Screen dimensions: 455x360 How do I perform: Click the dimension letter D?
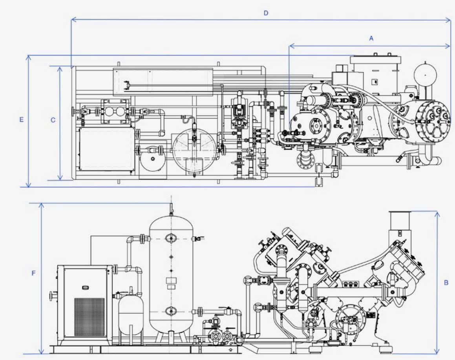[266, 13]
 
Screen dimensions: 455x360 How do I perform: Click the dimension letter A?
[371, 38]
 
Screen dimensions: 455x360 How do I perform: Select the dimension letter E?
[21, 119]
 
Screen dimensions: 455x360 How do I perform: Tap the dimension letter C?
[53, 120]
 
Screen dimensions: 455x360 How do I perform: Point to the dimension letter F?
[34, 273]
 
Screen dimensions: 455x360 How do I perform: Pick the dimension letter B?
[446, 282]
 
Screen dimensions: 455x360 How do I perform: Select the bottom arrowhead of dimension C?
[60, 177]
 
